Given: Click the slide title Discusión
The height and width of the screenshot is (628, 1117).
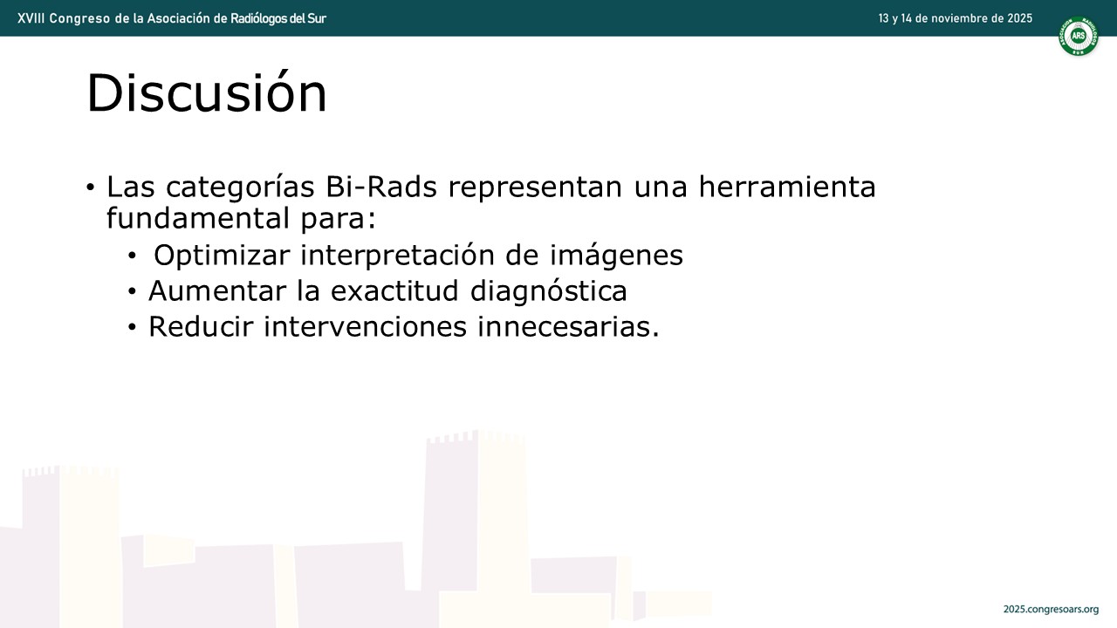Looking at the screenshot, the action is point(207,92).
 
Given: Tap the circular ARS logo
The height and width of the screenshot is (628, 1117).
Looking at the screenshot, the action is point(1078,36).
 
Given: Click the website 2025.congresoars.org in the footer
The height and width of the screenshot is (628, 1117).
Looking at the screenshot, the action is point(1051,609).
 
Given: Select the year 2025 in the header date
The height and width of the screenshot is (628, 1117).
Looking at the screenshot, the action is point(1019,18).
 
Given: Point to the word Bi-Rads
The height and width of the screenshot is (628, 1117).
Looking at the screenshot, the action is point(381,187).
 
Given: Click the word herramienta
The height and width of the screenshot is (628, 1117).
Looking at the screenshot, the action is point(787,187).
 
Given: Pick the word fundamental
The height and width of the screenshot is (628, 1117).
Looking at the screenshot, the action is point(198,218).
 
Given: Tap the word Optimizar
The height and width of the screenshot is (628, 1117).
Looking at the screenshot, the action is point(222,256).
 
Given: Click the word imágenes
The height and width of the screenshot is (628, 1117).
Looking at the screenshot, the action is point(616,256).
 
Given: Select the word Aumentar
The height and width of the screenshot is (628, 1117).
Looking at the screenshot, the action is point(217,291).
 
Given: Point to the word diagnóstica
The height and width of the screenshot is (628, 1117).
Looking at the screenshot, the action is point(549,291).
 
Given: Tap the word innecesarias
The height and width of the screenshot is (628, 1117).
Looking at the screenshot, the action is point(568,327).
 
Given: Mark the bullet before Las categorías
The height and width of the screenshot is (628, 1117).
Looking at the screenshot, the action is point(90,188).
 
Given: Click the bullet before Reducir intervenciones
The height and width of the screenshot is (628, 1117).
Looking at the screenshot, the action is point(132,327).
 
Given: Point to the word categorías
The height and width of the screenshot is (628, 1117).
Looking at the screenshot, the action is point(240,188).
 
